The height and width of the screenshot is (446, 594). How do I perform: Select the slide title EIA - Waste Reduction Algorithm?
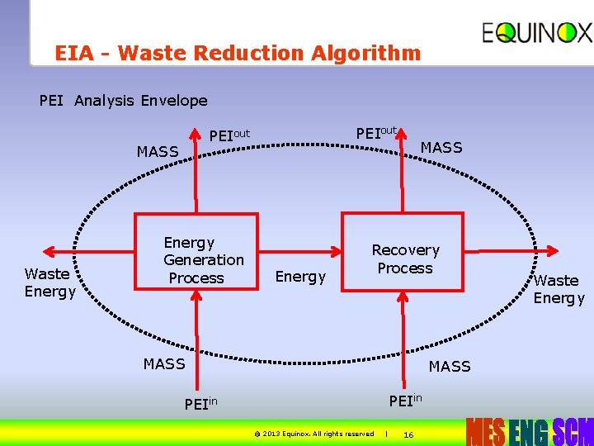point(238,54)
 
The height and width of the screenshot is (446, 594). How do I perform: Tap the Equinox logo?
point(537,33)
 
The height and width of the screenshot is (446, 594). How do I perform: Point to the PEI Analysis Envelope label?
point(124,101)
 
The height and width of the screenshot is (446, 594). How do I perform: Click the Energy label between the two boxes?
point(300,277)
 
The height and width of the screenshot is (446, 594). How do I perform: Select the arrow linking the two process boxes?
point(300,253)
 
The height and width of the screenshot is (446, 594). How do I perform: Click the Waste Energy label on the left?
point(49,282)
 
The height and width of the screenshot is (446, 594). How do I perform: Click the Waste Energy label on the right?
point(559,289)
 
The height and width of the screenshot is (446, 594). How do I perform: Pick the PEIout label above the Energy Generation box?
point(229,135)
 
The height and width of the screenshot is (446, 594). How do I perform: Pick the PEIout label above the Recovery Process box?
point(376,132)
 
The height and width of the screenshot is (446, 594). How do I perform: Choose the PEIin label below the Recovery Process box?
point(405,401)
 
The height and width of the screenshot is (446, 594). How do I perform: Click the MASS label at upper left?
point(158,152)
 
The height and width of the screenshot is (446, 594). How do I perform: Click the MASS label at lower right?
point(449,366)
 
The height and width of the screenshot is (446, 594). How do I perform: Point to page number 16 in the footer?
point(408,434)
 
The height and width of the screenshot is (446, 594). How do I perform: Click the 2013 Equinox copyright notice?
point(313,434)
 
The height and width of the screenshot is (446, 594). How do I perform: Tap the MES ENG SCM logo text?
point(529,431)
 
